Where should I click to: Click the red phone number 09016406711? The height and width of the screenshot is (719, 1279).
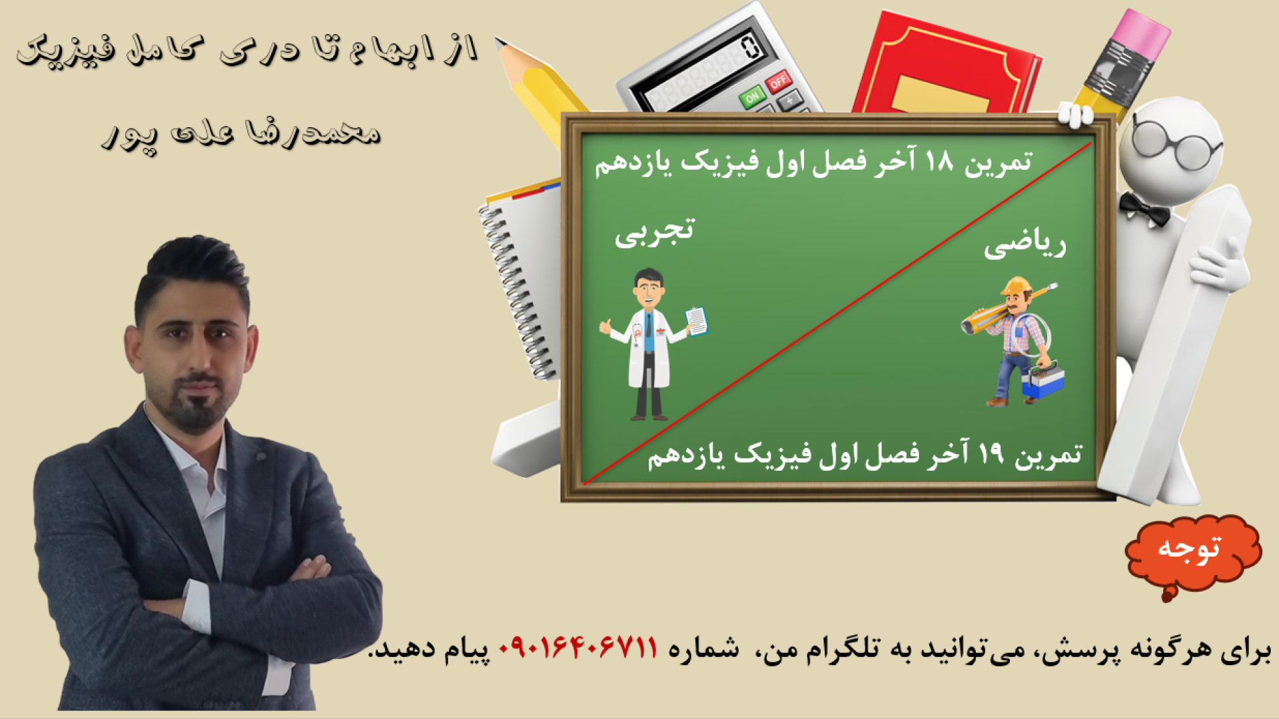(578, 648)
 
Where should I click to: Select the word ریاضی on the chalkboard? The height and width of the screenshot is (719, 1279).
(1025, 245)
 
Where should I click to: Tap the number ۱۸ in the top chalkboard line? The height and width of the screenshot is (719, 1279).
(939, 160)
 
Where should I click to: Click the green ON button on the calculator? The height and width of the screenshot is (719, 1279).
(752, 97)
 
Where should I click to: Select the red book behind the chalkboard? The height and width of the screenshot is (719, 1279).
(946, 63)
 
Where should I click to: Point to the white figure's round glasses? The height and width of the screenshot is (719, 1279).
(1175, 142)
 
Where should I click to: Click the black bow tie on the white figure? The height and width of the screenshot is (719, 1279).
(1144, 208)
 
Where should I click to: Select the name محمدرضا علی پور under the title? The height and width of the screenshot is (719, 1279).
(241, 134)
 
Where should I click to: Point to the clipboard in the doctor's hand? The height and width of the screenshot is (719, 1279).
(696, 321)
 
